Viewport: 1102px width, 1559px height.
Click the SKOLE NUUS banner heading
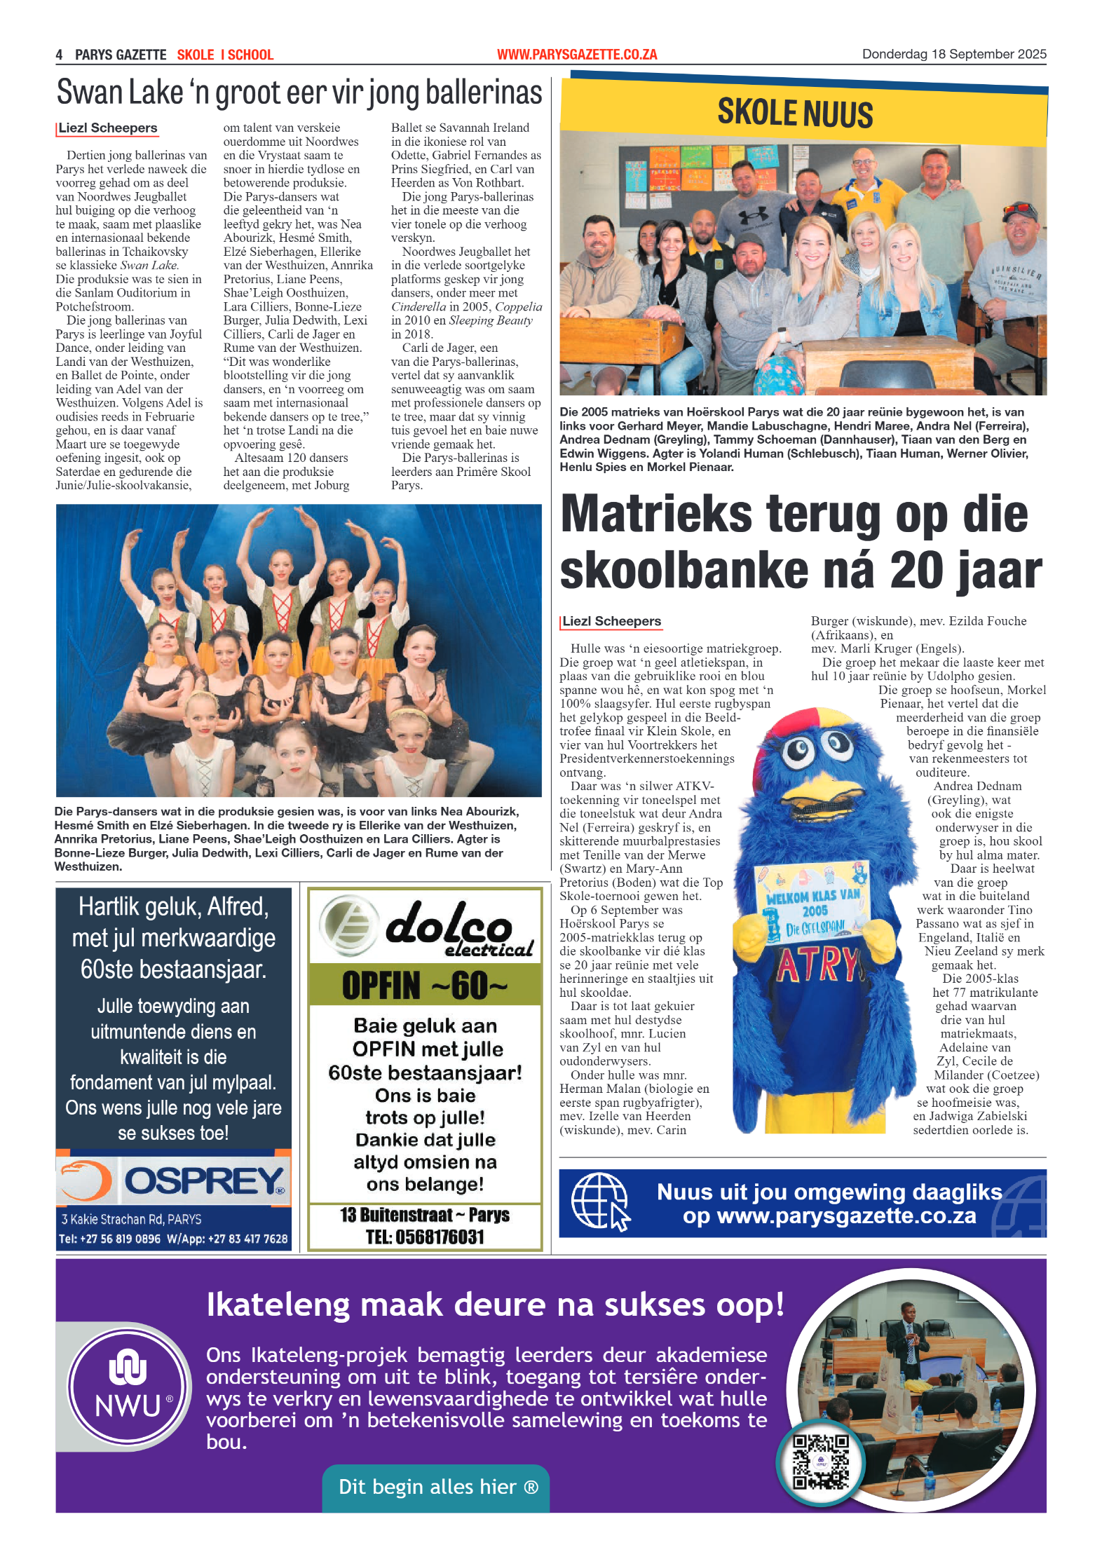point(795,114)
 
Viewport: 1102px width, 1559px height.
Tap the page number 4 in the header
point(60,55)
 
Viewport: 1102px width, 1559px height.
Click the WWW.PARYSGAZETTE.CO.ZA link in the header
point(577,55)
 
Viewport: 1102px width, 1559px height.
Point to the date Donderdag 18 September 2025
point(953,54)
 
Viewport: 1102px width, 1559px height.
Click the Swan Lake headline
point(299,93)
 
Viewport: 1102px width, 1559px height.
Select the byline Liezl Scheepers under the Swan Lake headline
point(108,128)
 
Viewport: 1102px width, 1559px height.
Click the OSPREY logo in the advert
point(203,1181)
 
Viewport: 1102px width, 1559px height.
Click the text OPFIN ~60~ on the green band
point(425,985)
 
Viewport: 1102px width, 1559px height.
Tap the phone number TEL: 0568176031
point(425,1237)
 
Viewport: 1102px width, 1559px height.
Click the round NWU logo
point(128,1386)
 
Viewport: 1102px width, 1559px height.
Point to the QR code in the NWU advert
point(820,1462)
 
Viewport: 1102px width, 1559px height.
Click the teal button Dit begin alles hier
point(436,1487)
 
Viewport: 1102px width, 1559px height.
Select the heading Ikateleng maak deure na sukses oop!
point(495,1305)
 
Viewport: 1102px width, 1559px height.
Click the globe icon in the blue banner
point(600,1202)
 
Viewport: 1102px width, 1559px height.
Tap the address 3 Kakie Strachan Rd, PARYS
point(131,1219)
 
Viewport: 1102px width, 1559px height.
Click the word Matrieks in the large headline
point(656,515)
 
